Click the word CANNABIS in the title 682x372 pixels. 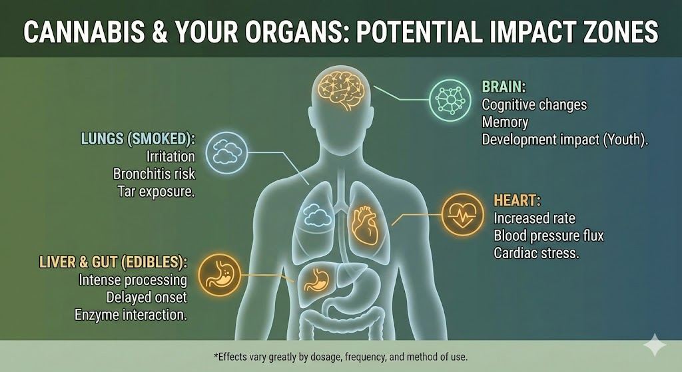click(x=84, y=32)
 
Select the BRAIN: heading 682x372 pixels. click(x=504, y=87)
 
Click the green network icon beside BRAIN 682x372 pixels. click(x=450, y=100)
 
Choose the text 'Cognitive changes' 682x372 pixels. click(x=534, y=104)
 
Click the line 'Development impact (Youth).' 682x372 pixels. click(x=565, y=140)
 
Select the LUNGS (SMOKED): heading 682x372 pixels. click(x=139, y=138)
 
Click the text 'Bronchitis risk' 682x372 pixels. click(x=154, y=174)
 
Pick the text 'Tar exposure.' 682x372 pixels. click(x=156, y=192)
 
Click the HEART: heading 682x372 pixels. click(x=517, y=200)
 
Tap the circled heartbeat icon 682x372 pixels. click(x=462, y=215)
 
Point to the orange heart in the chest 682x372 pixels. click(x=364, y=225)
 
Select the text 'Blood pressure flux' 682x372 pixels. click(x=549, y=236)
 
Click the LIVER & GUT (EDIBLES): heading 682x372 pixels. click(x=113, y=262)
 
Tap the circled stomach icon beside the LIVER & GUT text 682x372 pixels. click(x=219, y=275)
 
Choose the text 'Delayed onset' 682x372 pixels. click(x=147, y=297)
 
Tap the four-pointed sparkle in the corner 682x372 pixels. click(x=654, y=345)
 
